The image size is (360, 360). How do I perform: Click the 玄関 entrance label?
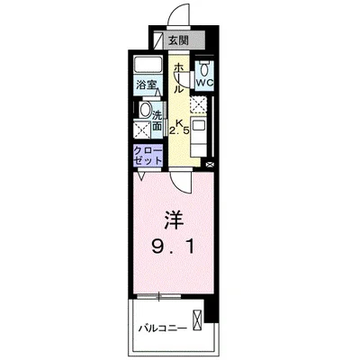click(x=177, y=41)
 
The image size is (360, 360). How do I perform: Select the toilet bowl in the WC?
click(x=204, y=69)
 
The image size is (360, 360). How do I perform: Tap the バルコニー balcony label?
click(x=163, y=328)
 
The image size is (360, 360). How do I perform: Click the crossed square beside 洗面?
click(x=143, y=130)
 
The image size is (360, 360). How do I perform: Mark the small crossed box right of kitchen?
click(x=209, y=164)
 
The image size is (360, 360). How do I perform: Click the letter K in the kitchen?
click(x=179, y=121)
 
